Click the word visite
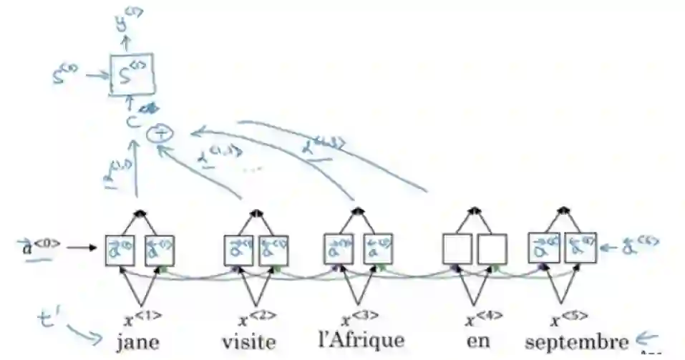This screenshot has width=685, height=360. (249, 342)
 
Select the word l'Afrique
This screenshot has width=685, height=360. (360, 339)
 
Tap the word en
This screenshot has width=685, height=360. (477, 340)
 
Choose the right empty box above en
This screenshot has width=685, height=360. (492, 250)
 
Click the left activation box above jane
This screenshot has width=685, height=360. (120, 250)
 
